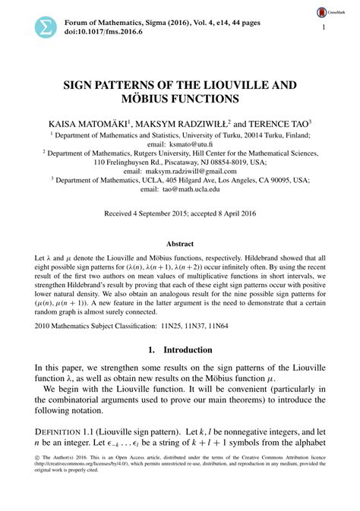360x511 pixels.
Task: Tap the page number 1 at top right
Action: pos(324,28)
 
